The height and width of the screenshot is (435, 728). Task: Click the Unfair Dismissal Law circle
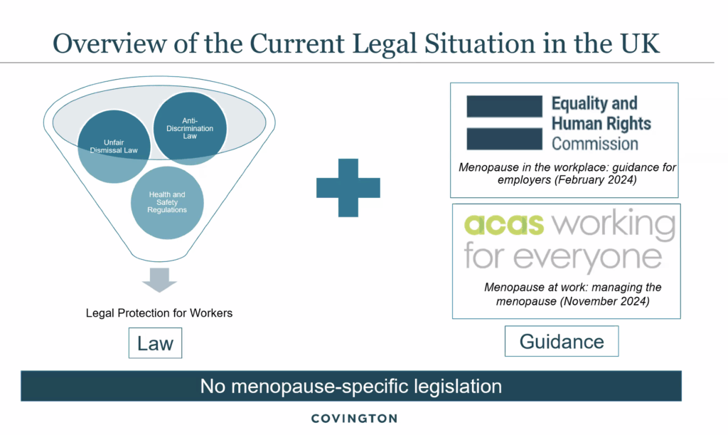click(114, 147)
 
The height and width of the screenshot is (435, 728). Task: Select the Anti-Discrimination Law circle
click(190, 128)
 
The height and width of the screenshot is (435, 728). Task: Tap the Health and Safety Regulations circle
click(167, 203)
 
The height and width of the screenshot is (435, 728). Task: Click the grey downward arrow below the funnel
click(159, 280)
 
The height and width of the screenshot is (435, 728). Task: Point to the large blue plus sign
click(348, 188)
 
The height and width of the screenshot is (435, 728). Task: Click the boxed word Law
click(155, 343)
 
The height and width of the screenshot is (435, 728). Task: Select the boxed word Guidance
click(562, 342)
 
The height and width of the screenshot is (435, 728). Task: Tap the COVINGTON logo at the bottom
click(354, 419)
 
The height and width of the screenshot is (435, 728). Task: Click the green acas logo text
click(504, 225)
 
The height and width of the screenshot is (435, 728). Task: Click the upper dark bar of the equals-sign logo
click(505, 106)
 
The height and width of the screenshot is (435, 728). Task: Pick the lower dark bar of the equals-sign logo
click(505, 139)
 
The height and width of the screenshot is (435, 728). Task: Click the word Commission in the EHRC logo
click(595, 144)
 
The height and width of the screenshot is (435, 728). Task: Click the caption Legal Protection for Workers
click(159, 313)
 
